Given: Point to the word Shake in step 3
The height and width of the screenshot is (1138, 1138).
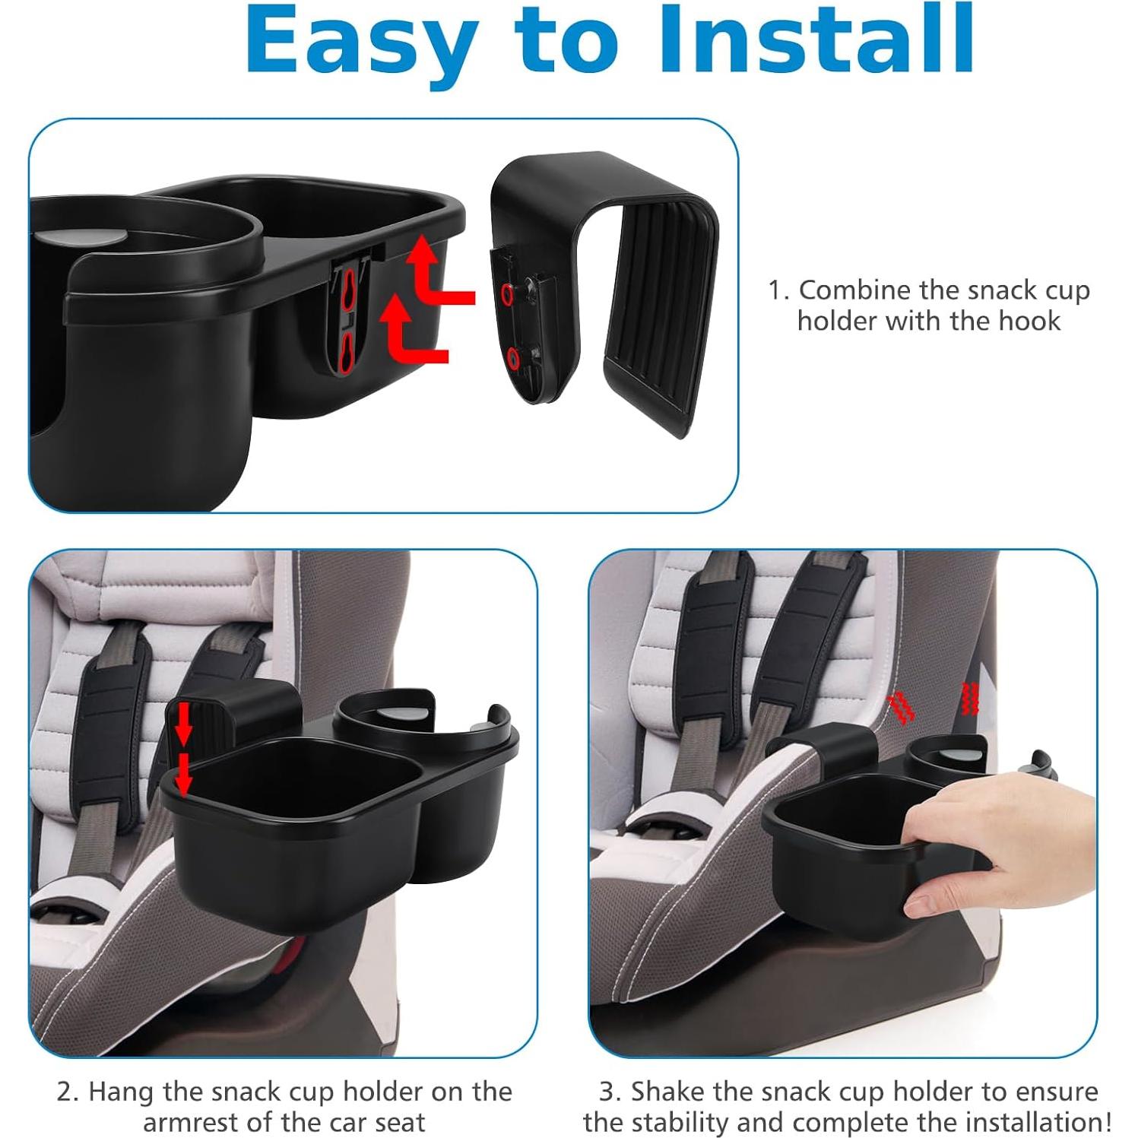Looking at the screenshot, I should click(x=667, y=1092).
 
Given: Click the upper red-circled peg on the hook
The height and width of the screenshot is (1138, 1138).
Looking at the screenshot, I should click(x=508, y=293).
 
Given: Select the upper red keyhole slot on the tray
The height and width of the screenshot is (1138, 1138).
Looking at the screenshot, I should click(x=347, y=291).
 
